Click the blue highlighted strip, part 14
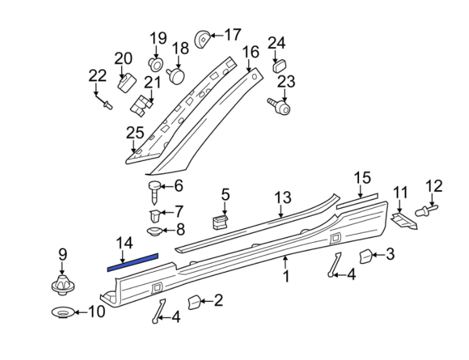click(133, 261)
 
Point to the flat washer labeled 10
click(62, 314)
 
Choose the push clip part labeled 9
click(62, 283)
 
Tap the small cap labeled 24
click(279, 65)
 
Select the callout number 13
click(283, 197)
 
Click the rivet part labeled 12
click(425, 210)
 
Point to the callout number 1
click(286, 277)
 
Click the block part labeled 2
click(192, 300)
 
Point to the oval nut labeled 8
click(155, 231)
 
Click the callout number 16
click(250, 52)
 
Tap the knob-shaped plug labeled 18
click(176, 75)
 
